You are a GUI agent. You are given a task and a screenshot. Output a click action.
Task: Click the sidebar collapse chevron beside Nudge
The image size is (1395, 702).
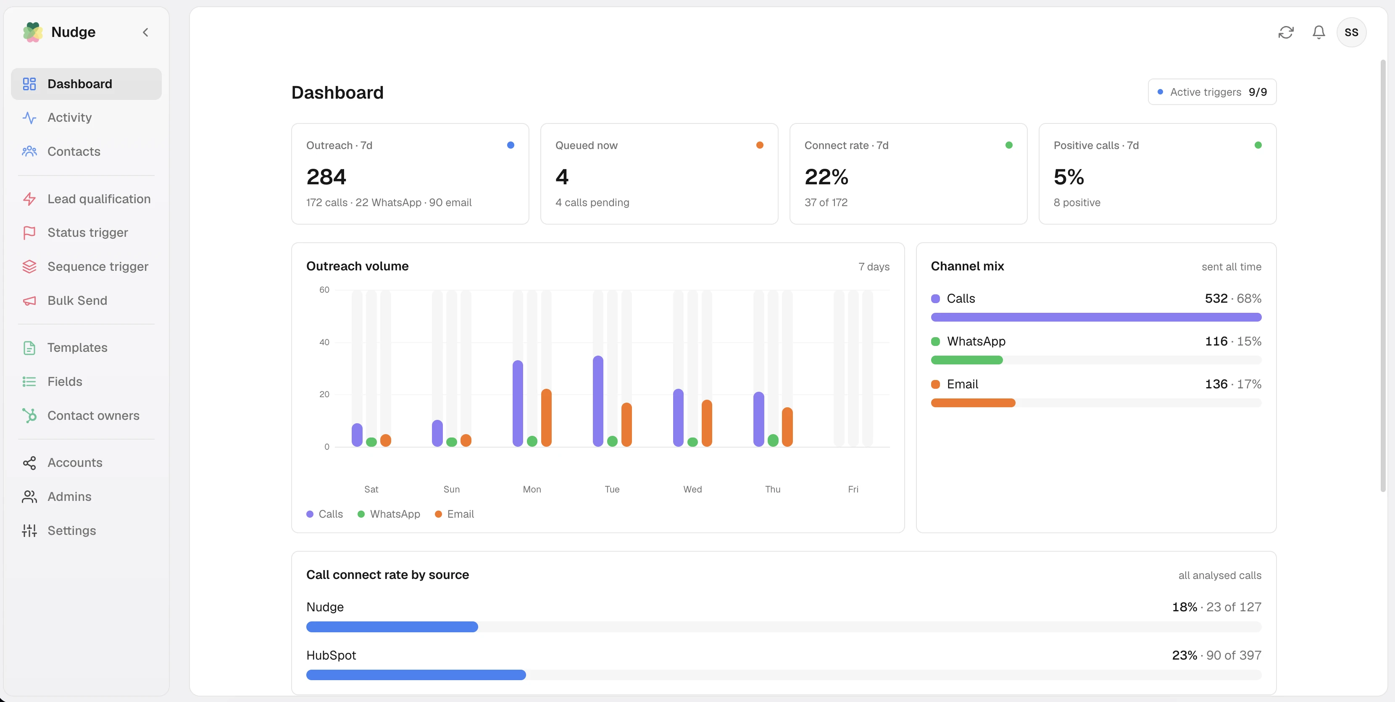point(145,32)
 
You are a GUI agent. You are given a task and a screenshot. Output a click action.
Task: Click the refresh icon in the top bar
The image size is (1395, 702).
point(1286,32)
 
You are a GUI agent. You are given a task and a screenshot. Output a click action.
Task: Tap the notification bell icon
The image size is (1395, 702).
point(1319,32)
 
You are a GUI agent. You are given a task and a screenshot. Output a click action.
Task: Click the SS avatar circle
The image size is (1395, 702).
point(1351,32)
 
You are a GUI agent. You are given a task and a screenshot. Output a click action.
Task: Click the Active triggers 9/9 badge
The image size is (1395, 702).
point(1212,92)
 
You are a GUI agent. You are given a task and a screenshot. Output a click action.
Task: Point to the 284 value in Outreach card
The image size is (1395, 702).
point(326,176)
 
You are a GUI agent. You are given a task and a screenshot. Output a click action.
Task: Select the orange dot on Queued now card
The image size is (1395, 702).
point(760,145)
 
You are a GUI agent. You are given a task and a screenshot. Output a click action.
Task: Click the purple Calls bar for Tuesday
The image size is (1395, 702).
point(598,401)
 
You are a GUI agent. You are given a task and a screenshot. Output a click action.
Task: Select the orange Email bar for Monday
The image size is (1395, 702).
point(546,418)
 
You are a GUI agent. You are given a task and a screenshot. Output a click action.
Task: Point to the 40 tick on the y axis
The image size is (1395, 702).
point(324,342)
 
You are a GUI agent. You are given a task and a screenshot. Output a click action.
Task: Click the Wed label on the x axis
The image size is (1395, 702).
point(692,489)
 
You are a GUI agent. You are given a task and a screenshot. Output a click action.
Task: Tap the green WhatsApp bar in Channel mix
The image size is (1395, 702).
point(967,360)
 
